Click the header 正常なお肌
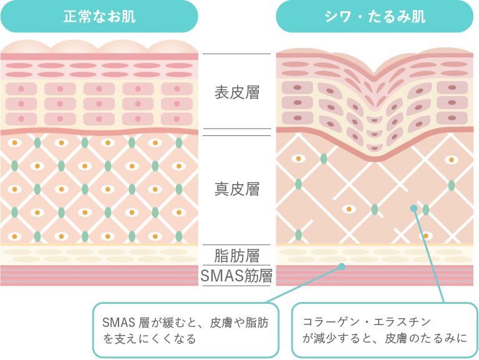point(99,16)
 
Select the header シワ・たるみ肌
point(375,16)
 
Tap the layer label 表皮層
point(236,94)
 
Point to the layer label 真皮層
point(236,188)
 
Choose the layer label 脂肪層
point(236,255)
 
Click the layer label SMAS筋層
point(236,275)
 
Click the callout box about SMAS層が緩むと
point(186,331)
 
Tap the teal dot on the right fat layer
point(341,266)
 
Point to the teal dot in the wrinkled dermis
point(413,208)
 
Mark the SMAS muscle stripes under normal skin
point(99,275)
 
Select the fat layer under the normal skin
point(99,255)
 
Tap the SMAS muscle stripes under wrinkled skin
point(375,276)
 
